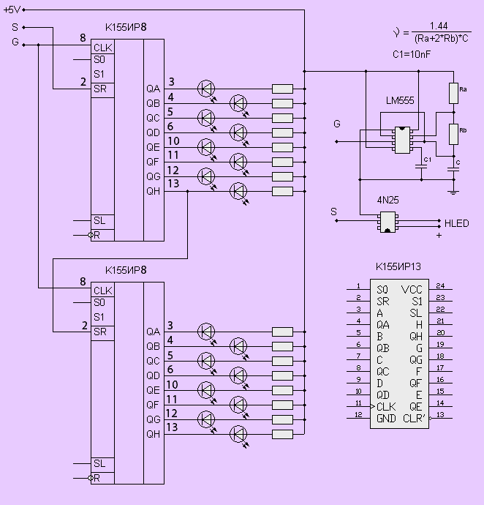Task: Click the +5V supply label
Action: tap(12, 10)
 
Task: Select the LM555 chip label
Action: tap(400, 101)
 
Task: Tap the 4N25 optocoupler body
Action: tap(387, 222)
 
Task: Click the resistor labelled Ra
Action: tap(453, 94)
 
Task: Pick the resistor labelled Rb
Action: tap(453, 134)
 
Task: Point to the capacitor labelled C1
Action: tap(421, 167)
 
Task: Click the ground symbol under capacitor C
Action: tap(453, 192)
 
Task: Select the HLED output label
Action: tap(456, 223)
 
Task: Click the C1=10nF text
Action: tap(412, 54)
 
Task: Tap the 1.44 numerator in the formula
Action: tap(439, 26)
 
